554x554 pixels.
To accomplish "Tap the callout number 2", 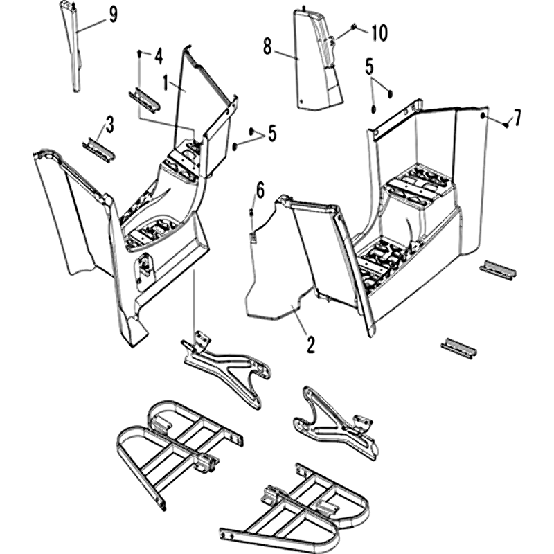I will (x=310, y=342).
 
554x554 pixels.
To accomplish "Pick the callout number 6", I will (x=260, y=188).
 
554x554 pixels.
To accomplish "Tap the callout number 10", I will (x=379, y=32).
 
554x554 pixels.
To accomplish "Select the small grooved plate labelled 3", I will (x=98, y=148).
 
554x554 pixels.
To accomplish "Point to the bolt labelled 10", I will (x=354, y=27).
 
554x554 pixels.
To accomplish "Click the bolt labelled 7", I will (x=506, y=125).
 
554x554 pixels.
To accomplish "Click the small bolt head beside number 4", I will (x=141, y=53).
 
